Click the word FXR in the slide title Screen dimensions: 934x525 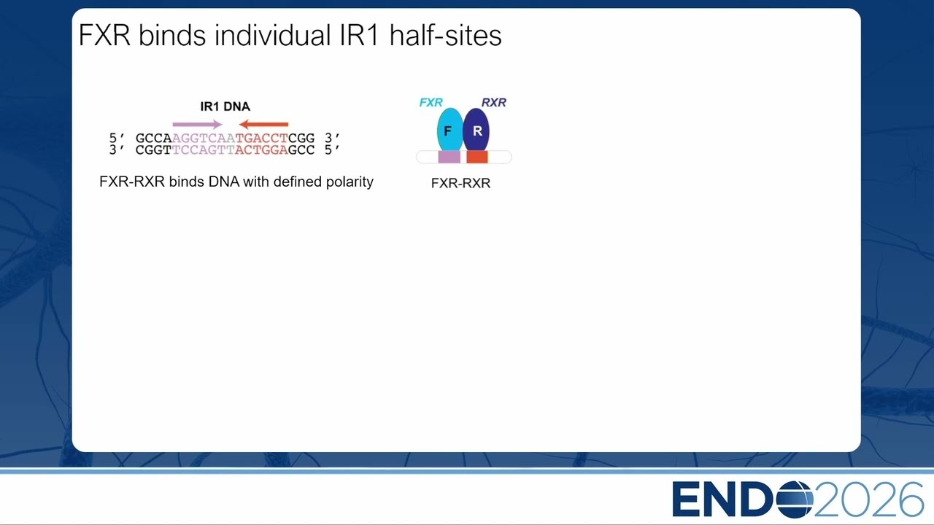pos(104,35)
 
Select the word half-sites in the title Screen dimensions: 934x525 pos(445,35)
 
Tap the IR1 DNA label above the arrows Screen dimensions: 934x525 pos(225,106)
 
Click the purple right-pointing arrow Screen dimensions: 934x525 pos(197,124)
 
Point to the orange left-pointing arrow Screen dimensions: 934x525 pos(263,124)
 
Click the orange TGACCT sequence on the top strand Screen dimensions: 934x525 pos(262,138)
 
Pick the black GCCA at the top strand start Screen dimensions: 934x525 pos(154,138)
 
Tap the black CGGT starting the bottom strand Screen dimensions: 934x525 pos(154,150)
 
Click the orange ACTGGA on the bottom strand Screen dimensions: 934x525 pos(262,150)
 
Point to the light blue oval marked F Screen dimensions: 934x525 pos(450,130)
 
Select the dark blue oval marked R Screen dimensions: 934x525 pos(476,130)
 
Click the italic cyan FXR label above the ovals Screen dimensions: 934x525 pos(431,103)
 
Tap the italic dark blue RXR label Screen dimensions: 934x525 pos(494,103)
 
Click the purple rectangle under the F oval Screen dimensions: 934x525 pos(449,157)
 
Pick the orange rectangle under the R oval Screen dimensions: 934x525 pos(477,157)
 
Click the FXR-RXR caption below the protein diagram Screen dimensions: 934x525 pos(460,183)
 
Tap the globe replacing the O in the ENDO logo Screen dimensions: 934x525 pos(795,499)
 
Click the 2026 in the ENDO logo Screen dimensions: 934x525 pos(868,499)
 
